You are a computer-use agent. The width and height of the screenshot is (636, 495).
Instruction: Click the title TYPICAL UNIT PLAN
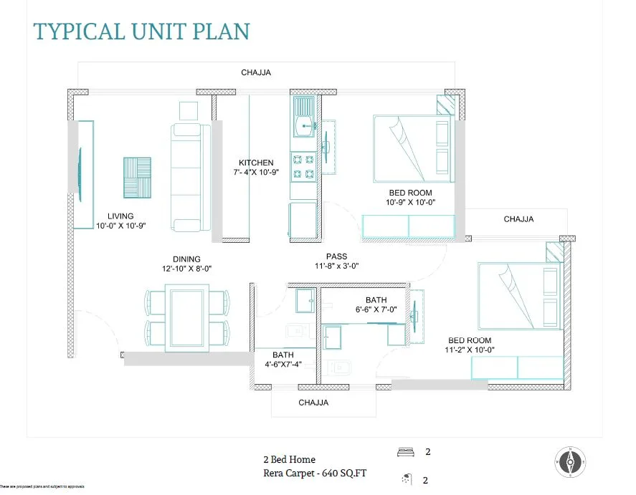click(141, 32)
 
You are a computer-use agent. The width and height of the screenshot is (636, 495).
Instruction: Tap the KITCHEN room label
click(256, 163)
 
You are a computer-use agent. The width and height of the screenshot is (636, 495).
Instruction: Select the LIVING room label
click(120, 216)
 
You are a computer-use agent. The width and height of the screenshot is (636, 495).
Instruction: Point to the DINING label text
click(186, 259)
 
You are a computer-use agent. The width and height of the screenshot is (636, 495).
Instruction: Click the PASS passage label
click(336, 256)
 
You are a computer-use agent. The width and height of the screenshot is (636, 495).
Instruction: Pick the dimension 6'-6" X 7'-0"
click(376, 309)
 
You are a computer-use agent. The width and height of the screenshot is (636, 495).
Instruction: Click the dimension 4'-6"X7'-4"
click(283, 365)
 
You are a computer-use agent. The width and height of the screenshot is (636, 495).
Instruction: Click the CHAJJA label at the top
click(256, 72)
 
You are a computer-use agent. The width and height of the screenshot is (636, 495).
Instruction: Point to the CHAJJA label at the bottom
click(313, 403)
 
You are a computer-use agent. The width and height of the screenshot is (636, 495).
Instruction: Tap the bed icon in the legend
click(405, 452)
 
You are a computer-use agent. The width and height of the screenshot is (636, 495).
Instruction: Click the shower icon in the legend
click(406, 479)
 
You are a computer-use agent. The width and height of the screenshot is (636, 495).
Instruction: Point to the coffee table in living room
click(137, 177)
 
